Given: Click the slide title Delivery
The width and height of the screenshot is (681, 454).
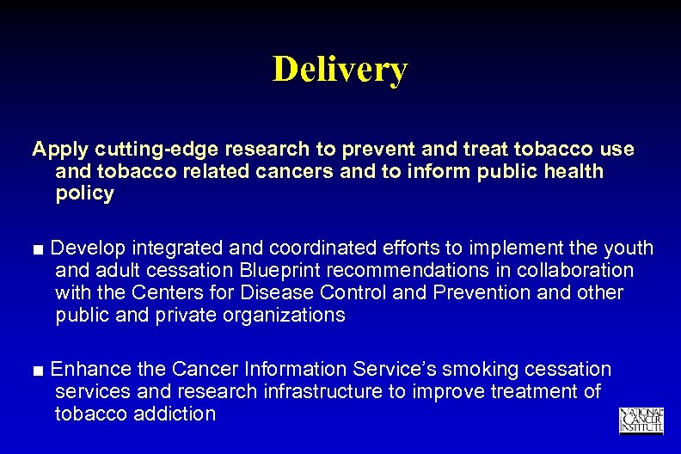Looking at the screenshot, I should pyautogui.click(x=340, y=69).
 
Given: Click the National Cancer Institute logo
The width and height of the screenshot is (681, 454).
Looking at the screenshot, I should pyautogui.click(x=641, y=420).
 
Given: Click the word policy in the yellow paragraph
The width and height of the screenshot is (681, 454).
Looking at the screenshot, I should pyautogui.click(x=84, y=194).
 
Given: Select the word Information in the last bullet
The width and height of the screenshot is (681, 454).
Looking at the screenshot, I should pyautogui.click(x=298, y=370).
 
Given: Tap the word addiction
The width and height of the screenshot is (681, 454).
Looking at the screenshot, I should pyautogui.click(x=175, y=414).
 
